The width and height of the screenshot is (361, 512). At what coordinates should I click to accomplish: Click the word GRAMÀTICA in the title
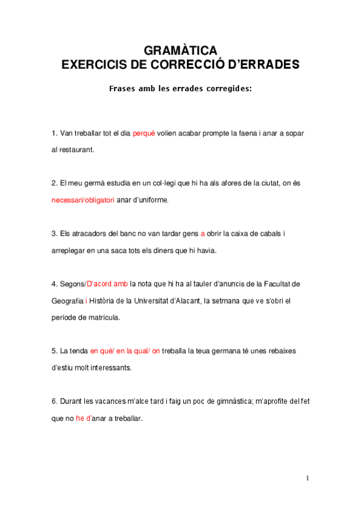click(x=180, y=50)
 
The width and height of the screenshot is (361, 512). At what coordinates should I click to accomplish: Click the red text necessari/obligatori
click(x=83, y=199)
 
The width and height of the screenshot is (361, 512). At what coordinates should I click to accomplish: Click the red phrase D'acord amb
click(x=108, y=284)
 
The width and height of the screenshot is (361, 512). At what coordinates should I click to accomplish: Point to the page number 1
click(x=307, y=478)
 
